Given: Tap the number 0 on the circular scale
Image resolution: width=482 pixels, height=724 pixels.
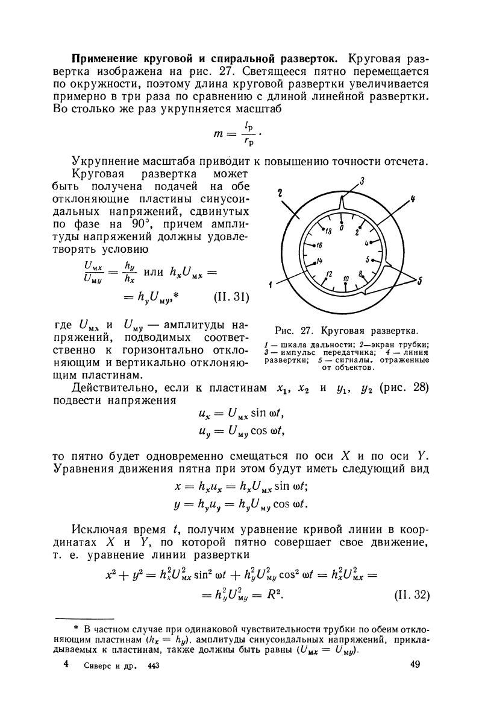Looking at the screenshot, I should pos(342,227).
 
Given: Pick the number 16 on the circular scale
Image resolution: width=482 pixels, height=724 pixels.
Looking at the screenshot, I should pos(318,246).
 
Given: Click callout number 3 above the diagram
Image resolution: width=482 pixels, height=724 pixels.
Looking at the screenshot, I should pos(363,180).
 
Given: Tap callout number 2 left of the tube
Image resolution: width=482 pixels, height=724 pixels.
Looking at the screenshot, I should pos(281,192).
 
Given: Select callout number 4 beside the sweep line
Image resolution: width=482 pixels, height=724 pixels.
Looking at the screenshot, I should pos(414,198).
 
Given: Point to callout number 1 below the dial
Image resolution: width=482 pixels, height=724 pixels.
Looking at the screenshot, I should pos(272,284).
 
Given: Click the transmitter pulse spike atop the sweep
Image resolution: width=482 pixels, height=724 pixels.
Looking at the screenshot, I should pos(342,208).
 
